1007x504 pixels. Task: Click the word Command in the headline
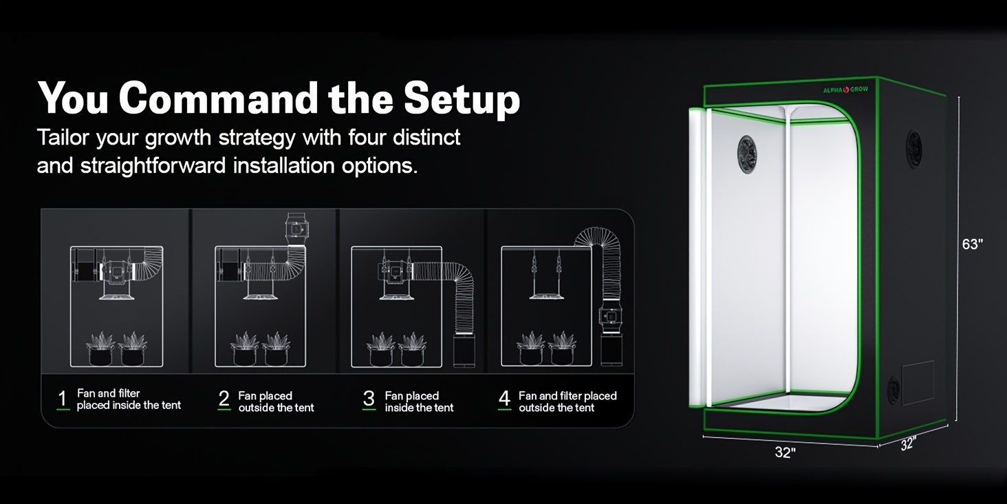coord(219,98)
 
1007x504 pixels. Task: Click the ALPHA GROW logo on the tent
coord(845,90)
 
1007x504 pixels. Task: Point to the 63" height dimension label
coord(973,244)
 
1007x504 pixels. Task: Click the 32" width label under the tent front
coord(785,452)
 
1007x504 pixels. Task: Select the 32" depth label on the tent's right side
coord(908,443)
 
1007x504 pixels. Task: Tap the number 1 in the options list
coord(63,399)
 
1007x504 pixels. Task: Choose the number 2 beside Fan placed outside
coord(224,399)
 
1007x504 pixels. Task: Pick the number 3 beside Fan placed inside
coord(369,399)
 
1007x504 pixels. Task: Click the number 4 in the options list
coord(504,399)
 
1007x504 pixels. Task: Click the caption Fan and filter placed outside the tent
coord(567,401)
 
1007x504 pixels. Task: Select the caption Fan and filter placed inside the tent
coord(129,399)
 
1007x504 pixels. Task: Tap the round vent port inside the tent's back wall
coord(747,154)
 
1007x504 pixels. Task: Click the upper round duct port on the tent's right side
coord(913,150)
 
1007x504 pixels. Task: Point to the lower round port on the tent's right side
coord(893,390)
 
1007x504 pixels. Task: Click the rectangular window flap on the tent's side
coord(918,382)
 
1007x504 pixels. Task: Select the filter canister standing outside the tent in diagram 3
coord(464,350)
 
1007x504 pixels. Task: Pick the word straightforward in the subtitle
coord(153,166)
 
